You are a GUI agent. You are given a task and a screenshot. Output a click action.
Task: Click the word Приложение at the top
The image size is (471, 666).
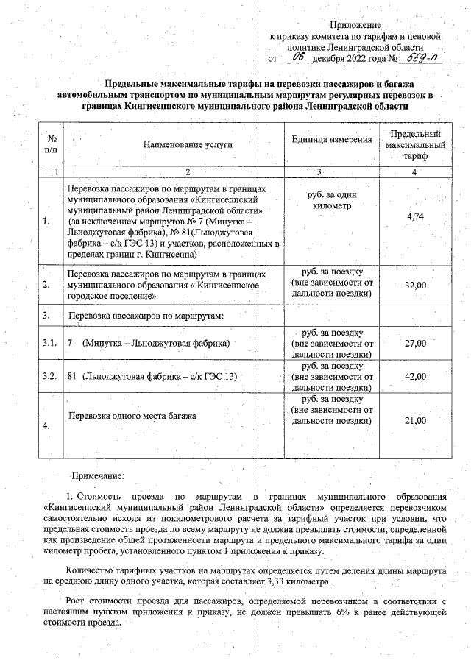tap(354, 25)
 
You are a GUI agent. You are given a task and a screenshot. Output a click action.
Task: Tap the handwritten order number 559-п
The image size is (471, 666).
tap(422, 57)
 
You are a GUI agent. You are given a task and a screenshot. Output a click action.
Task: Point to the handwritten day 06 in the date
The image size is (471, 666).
tap(298, 57)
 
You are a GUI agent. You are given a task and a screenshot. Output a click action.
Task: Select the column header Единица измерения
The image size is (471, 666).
tap(332, 140)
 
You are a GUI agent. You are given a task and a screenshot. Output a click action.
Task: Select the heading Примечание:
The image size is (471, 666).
tap(102, 477)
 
